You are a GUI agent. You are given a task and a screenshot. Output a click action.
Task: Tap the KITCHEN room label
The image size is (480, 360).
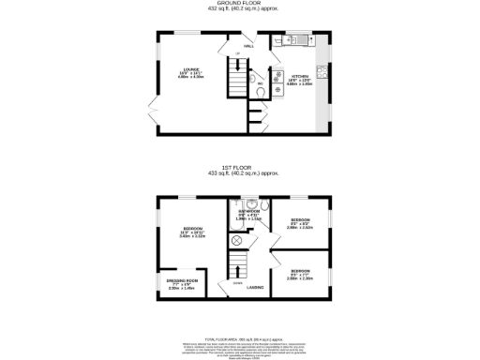300,76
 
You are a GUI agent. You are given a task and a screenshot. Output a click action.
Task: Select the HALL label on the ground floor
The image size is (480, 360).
248,45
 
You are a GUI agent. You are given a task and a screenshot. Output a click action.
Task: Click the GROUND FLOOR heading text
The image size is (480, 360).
239,3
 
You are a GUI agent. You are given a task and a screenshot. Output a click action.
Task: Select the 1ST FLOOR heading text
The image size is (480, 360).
239,170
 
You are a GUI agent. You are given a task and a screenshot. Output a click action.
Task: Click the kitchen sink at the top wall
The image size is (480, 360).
291,40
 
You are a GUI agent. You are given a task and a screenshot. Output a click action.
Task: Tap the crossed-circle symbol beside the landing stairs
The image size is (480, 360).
236,240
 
